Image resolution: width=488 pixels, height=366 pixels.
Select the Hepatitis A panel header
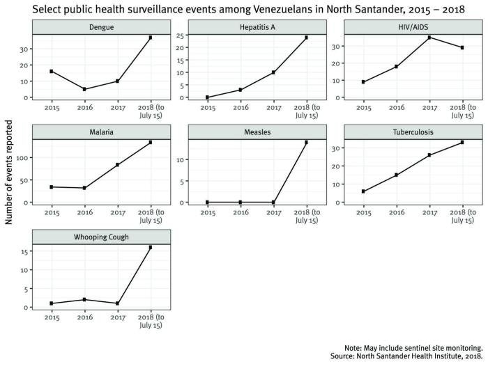click(257, 27)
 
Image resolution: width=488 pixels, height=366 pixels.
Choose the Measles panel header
click(257, 132)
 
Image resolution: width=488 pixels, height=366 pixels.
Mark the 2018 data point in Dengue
click(150, 38)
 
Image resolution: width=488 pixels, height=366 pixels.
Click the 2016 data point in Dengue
click(84, 89)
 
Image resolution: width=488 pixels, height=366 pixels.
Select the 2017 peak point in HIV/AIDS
click(429, 38)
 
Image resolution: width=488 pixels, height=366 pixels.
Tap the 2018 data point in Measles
click(306, 143)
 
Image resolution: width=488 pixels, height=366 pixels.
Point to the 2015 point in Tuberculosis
click(364, 191)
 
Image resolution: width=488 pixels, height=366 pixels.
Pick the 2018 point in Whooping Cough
click(150, 248)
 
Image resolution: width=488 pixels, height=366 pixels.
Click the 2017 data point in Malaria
click(117, 165)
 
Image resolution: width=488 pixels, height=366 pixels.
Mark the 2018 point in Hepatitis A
click(306, 38)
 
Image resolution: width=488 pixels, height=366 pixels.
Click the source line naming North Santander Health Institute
click(413, 356)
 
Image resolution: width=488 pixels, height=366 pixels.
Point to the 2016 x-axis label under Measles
click(241, 212)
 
